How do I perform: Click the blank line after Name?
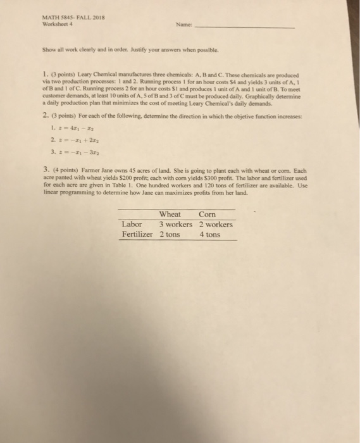point(266,28)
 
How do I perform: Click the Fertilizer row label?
point(137,234)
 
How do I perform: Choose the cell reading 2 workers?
point(215,224)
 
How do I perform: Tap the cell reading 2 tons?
point(169,234)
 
